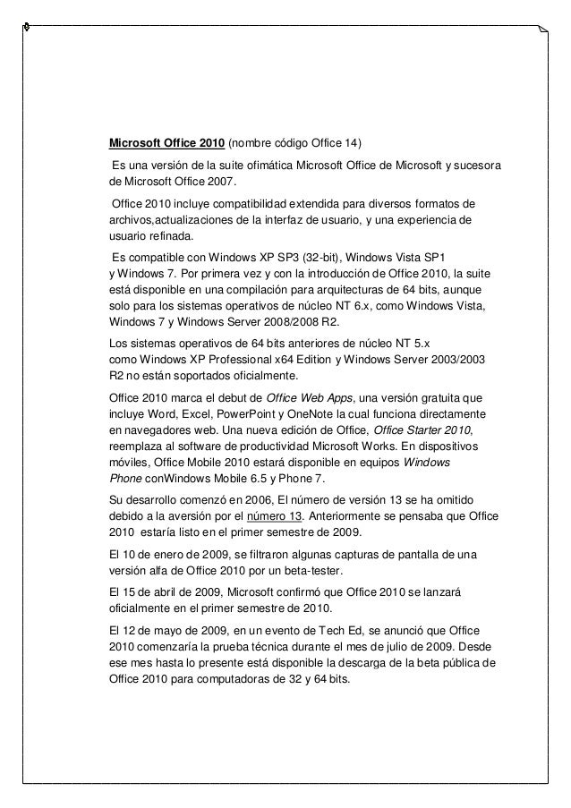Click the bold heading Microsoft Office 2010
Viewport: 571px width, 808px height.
pos(166,144)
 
